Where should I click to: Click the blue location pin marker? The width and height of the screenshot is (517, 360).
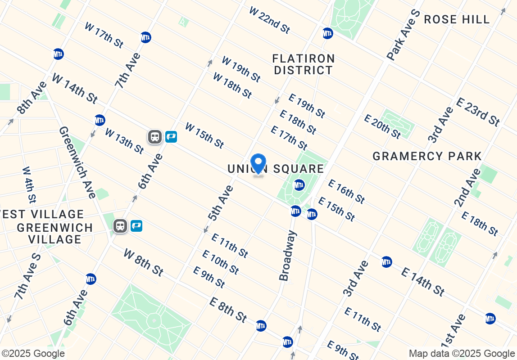tap(258, 164)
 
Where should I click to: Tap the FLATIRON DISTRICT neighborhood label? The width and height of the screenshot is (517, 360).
tap(304, 64)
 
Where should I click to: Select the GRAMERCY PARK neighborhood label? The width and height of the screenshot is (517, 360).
tap(427, 156)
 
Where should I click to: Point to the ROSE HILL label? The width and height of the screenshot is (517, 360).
tap(457, 19)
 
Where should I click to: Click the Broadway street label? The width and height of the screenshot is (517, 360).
tap(288, 256)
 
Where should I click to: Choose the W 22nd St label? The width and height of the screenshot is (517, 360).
tap(269, 20)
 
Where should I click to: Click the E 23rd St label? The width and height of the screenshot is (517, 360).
tap(478, 112)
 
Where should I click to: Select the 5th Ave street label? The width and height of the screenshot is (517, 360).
tap(221, 202)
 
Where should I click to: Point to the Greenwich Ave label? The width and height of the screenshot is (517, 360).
tap(77, 162)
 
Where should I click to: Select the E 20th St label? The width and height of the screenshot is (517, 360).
tap(382, 126)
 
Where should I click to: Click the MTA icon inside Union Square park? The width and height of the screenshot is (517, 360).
tap(299, 185)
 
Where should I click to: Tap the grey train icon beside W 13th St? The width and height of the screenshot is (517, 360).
tap(155, 136)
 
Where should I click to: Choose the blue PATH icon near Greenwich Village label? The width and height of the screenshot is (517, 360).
tap(136, 226)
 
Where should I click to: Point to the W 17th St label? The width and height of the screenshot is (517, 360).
tap(104, 35)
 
